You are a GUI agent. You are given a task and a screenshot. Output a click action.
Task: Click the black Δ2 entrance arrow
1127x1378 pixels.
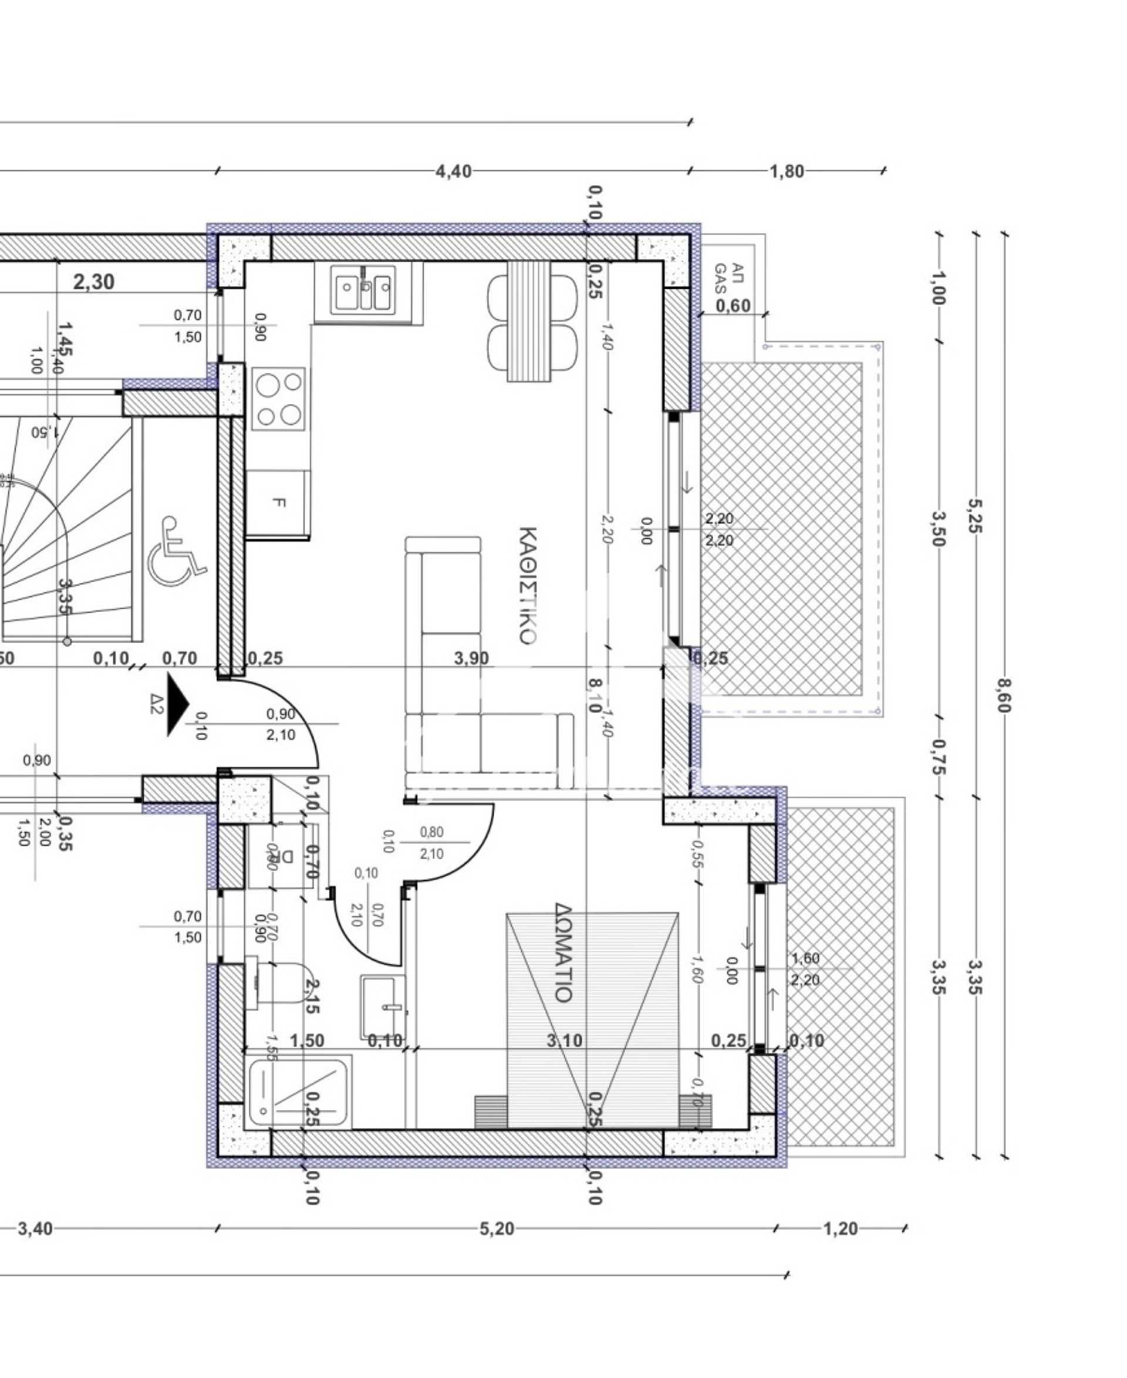pos(177,704)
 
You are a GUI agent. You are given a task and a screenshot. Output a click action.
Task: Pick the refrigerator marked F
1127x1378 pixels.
pos(278,502)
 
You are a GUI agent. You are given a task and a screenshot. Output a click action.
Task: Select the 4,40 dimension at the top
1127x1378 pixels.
pos(453,171)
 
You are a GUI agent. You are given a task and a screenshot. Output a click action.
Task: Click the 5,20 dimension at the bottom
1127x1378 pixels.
pos(497,1229)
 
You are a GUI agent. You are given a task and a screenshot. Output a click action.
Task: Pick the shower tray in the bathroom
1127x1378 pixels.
pos(298,1092)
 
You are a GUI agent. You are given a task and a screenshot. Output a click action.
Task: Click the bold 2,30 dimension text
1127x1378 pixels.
pos(94,282)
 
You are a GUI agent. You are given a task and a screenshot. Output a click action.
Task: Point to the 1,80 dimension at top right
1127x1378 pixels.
pos(787,171)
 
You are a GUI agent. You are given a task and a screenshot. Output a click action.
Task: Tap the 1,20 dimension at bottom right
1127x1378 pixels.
pos(840,1229)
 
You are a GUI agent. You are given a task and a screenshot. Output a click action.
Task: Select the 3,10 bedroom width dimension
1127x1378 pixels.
pos(564,1041)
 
